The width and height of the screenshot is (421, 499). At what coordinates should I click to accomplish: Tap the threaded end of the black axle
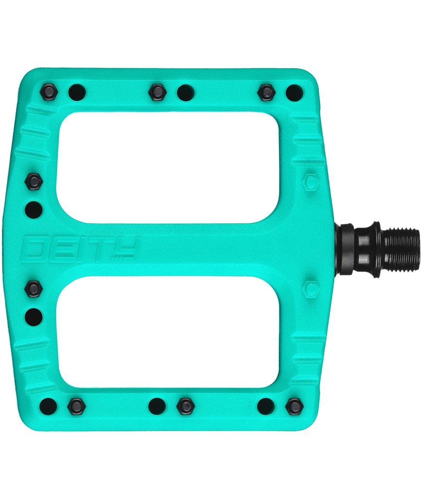pos(402,249)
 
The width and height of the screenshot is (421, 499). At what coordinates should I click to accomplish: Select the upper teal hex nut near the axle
pos(310,182)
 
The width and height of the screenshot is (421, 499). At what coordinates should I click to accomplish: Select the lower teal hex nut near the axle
pos(310,289)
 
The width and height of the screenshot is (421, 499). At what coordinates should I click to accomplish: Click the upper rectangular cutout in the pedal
pos(168,167)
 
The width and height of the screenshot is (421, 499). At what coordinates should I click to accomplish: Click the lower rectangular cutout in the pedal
pos(168,332)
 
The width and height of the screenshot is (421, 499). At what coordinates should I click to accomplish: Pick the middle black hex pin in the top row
pos(157,92)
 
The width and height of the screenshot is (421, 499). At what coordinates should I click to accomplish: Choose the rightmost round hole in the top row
pos(294,92)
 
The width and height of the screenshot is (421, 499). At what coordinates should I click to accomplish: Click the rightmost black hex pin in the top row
pos(266,92)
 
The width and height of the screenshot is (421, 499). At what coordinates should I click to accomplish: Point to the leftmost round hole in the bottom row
pos(49,405)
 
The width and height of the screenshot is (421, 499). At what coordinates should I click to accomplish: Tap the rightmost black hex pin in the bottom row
pos(294,406)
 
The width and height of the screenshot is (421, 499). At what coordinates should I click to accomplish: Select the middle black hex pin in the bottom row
pos(185,406)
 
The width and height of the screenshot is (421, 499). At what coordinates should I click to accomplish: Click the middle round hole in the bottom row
pos(157,405)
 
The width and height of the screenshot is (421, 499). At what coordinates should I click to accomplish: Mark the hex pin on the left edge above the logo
pos(34,182)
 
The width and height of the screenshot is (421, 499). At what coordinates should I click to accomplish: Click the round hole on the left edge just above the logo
pos(34,210)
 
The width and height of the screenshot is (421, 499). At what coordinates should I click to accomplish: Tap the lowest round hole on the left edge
pos(34,317)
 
